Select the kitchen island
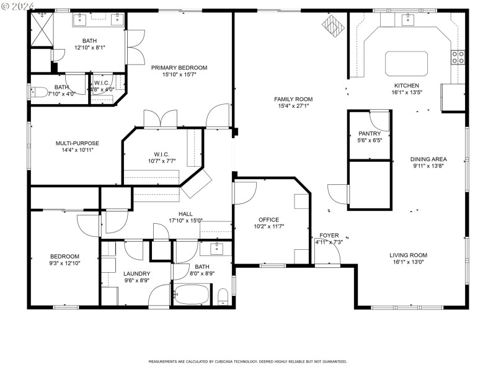(407, 63)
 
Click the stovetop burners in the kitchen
(458, 58)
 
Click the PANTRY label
(370, 134)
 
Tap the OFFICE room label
(268, 220)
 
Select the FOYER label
(329, 236)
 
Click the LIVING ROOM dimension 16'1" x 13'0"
(408, 263)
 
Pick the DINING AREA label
(428, 159)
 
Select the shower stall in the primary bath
(42, 28)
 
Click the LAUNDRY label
(136, 273)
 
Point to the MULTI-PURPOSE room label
(77, 143)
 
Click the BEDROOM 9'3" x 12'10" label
(64, 257)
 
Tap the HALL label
(185, 214)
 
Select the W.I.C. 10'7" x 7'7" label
(161, 154)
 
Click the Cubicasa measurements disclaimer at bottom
(247, 361)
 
